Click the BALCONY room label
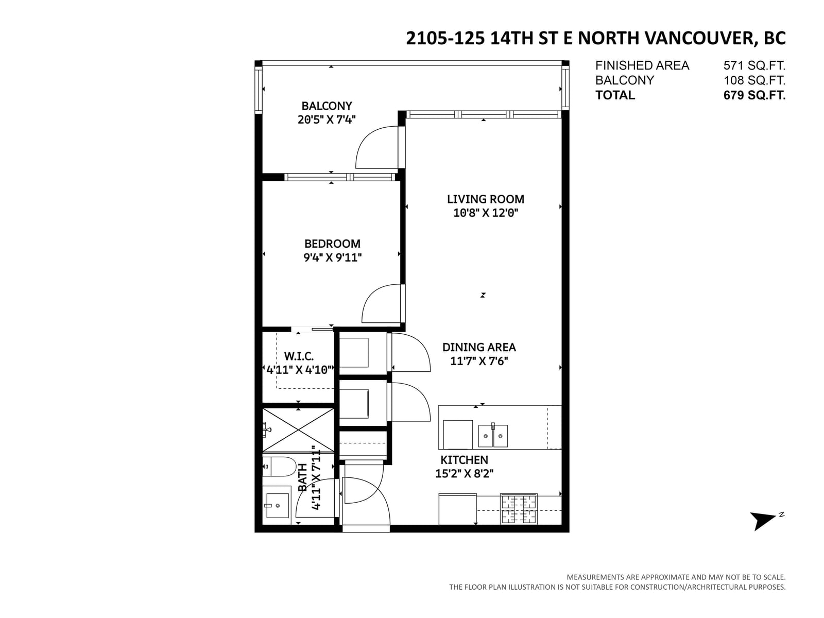326,106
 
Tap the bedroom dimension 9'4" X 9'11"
332,258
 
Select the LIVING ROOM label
485,199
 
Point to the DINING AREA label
478,348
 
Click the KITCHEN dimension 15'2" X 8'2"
464,474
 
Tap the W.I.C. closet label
298,356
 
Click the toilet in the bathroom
279,467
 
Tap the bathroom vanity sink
277,505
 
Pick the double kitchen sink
492,435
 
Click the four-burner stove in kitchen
519,509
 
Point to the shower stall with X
298,430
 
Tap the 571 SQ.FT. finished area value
754,66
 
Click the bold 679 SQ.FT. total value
754,95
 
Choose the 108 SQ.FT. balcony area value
754,80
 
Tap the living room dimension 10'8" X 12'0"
486,213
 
